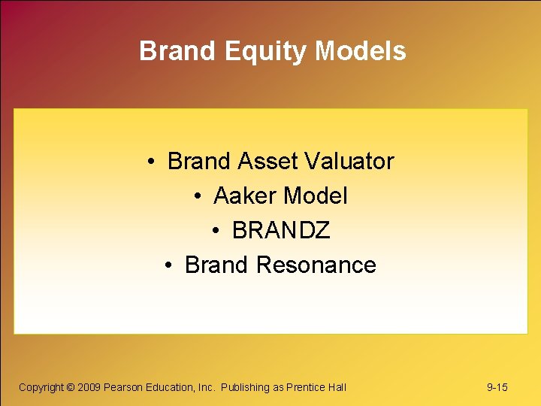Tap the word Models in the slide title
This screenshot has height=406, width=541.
[x=361, y=51]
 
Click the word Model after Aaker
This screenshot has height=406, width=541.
[x=316, y=196]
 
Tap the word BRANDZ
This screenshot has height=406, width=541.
[x=281, y=231]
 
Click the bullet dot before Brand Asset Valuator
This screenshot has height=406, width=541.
[x=152, y=162]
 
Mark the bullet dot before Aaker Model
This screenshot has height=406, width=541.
[x=198, y=197]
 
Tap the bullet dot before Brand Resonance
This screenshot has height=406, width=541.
[x=169, y=265]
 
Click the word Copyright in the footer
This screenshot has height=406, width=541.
[x=41, y=387]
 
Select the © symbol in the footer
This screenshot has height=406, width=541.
[x=71, y=387]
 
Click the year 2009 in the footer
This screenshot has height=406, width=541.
[x=89, y=387]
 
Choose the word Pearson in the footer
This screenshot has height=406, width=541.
[x=122, y=387]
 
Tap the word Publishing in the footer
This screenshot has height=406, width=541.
[x=245, y=387]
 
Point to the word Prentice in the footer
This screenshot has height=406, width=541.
[x=307, y=387]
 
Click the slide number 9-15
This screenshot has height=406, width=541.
[x=497, y=387]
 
